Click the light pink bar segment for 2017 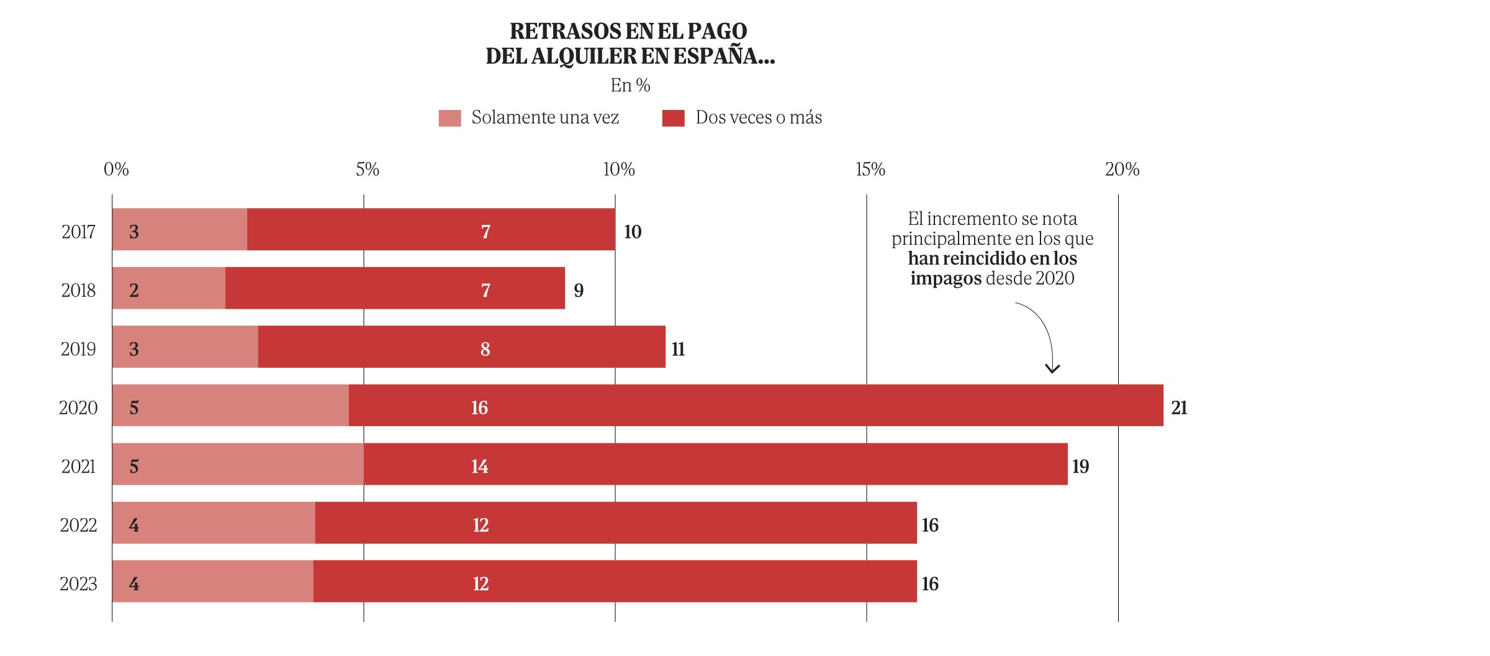(x=180, y=229)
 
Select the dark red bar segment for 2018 (x=395, y=288)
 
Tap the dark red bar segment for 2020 (x=756, y=406)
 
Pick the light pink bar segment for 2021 (x=238, y=464)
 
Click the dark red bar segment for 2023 (x=615, y=581)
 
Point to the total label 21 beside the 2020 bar (x=1179, y=408)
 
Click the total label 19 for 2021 (x=1080, y=467)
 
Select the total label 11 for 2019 (x=678, y=349)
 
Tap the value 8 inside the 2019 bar (x=485, y=349)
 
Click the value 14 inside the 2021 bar (x=479, y=467)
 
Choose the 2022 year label (x=78, y=526)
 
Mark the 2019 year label (x=78, y=349)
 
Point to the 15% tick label (x=870, y=170)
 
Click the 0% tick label (x=116, y=170)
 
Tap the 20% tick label (x=1122, y=170)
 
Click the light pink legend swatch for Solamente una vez (x=449, y=118)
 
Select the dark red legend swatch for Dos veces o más (x=673, y=118)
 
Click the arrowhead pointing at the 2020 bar (x=1052, y=370)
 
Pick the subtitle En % (x=630, y=85)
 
